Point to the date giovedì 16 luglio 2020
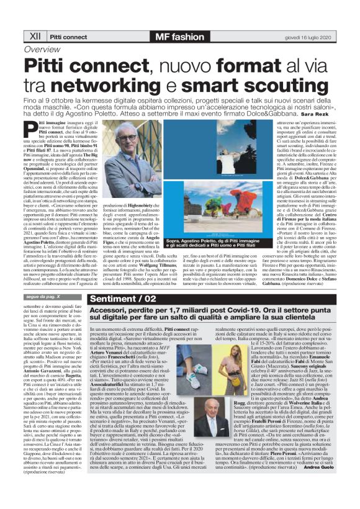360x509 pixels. click(x=307, y=37)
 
